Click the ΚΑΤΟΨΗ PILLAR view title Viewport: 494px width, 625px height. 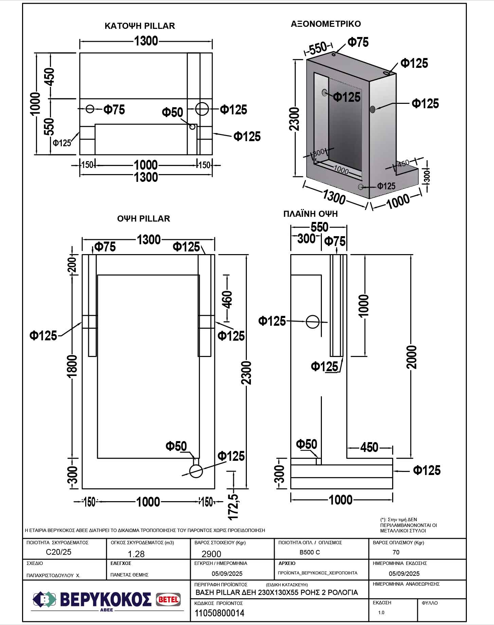[x=140, y=26]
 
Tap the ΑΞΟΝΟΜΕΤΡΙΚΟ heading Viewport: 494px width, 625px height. [x=326, y=24]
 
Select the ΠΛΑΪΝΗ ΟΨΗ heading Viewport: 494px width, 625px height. [x=310, y=214]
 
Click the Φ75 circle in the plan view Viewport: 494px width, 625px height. [x=90, y=109]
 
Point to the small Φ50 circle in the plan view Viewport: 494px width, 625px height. [x=193, y=127]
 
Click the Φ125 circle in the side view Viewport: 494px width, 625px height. [x=312, y=322]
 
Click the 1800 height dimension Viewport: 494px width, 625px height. [x=72, y=366]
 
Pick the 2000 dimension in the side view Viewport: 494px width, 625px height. [x=411, y=357]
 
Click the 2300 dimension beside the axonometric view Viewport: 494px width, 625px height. [x=295, y=119]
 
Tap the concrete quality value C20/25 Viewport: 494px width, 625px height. [x=58, y=552]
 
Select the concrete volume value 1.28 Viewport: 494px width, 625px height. [x=136, y=554]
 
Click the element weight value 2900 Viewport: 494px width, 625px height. [x=211, y=554]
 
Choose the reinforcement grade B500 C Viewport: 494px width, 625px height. [x=310, y=552]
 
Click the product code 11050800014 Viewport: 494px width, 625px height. [x=219, y=613]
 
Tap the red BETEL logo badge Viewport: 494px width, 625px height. [x=168, y=600]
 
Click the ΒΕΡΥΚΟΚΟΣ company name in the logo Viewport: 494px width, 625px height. [x=106, y=600]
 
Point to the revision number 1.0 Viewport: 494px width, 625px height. [x=381, y=612]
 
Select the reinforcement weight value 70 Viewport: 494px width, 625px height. [x=396, y=552]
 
